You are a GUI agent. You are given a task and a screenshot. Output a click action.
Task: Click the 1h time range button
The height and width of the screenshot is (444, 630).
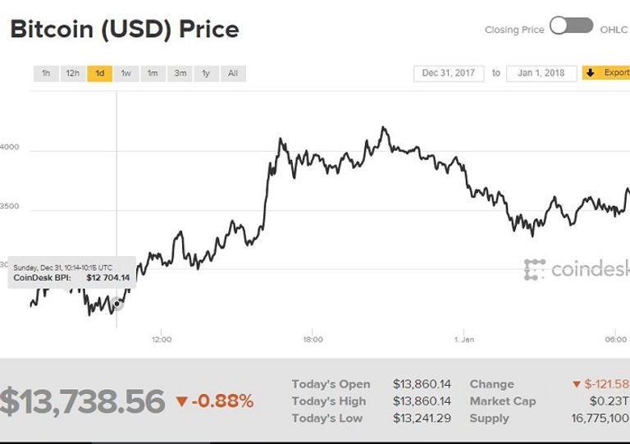coord(46,73)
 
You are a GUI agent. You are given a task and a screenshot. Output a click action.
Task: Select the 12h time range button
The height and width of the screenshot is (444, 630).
coord(73,73)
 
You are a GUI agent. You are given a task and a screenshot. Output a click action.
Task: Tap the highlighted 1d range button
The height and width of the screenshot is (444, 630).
coord(99,73)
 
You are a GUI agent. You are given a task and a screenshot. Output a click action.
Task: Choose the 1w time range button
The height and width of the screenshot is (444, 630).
coord(126,73)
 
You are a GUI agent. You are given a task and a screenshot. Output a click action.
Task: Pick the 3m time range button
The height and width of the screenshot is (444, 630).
coord(179,73)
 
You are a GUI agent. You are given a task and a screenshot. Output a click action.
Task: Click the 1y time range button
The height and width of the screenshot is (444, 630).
coord(206,73)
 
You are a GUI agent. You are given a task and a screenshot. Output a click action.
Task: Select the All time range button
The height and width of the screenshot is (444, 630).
coord(233,73)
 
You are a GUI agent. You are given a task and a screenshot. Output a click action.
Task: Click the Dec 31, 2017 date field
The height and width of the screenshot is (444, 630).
coord(449,73)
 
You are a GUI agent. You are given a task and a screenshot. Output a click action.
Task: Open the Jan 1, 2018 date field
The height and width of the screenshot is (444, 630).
coord(541,73)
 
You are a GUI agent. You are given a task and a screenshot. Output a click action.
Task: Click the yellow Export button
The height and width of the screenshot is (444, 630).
coord(606,73)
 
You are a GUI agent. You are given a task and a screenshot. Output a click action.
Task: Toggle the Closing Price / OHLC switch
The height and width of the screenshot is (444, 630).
coord(572,26)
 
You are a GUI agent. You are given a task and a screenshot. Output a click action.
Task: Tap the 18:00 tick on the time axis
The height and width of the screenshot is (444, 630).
coord(313,339)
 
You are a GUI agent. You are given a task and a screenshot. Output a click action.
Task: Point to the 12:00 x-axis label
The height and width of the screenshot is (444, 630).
coord(161,339)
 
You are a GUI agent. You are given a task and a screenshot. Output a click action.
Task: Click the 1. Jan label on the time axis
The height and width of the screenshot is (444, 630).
coord(463,339)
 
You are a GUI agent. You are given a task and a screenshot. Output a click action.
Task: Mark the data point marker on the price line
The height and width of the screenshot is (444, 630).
coord(117,304)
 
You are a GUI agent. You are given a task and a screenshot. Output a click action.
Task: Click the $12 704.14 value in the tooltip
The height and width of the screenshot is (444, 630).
coord(107,277)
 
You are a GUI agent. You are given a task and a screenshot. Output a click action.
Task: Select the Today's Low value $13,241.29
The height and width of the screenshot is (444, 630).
coord(422,419)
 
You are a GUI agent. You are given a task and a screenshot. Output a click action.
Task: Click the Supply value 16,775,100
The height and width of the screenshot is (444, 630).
coord(598,419)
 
